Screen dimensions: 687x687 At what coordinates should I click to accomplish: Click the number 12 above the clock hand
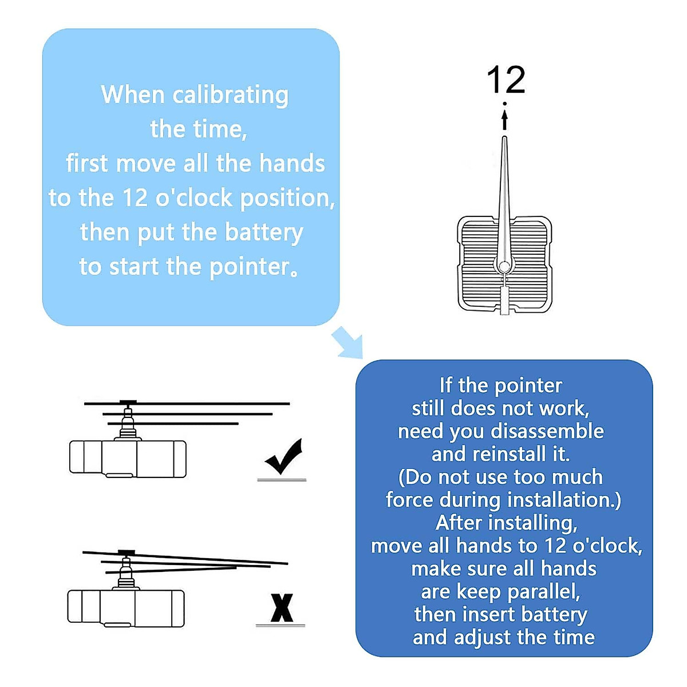(x=506, y=80)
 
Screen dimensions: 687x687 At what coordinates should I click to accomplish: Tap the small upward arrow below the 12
(x=504, y=120)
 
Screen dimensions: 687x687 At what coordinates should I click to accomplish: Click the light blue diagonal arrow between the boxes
(x=348, y=342)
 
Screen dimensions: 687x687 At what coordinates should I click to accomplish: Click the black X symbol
(x=282, y=608)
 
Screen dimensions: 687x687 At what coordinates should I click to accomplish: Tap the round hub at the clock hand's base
(x=504, y=266)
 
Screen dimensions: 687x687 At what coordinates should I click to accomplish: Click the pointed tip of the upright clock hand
(x=504, y=139)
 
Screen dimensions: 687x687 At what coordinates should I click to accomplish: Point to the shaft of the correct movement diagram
(x=128, y=424)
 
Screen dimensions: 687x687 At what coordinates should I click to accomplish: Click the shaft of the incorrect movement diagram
(x=126, y=572)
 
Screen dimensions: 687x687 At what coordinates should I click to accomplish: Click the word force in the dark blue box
(x=409, y=500)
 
